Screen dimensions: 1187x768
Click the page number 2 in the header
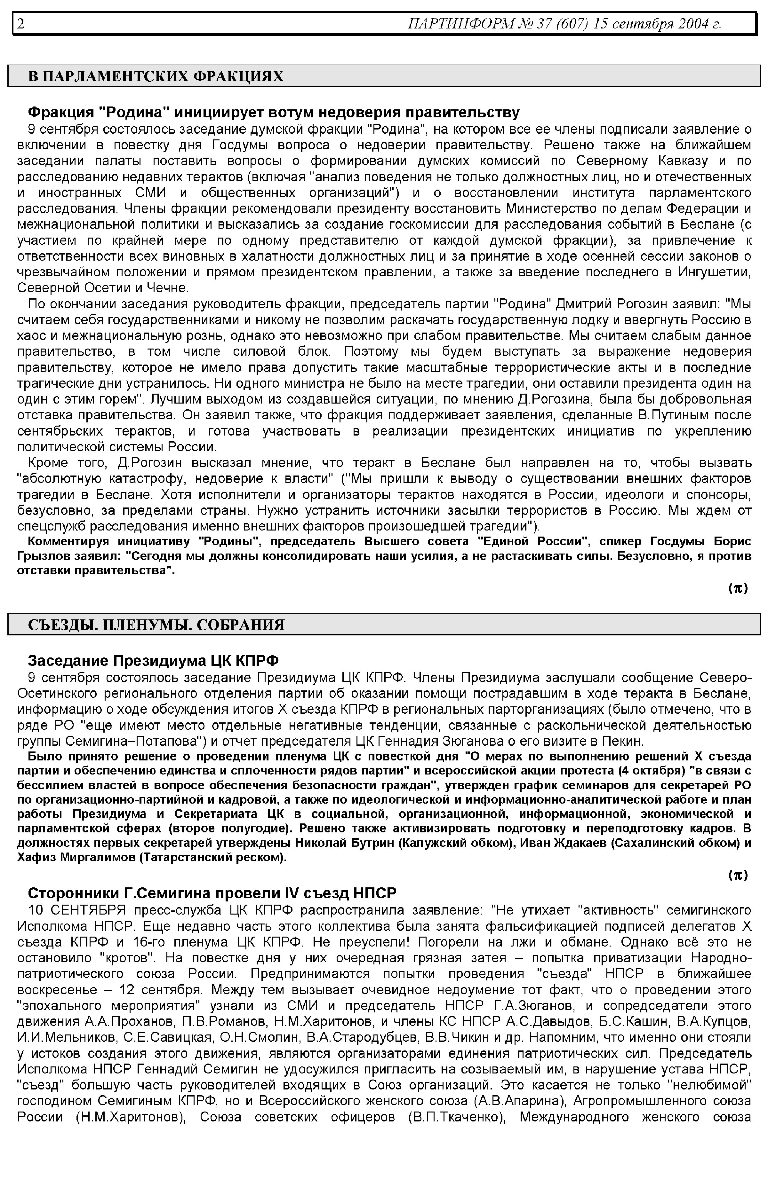21,23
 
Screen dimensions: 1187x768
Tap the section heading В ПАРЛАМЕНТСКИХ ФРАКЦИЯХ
156,76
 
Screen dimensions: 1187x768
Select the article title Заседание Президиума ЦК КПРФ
153,661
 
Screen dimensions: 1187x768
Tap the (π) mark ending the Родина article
738,588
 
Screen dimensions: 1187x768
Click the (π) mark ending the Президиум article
738,875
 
